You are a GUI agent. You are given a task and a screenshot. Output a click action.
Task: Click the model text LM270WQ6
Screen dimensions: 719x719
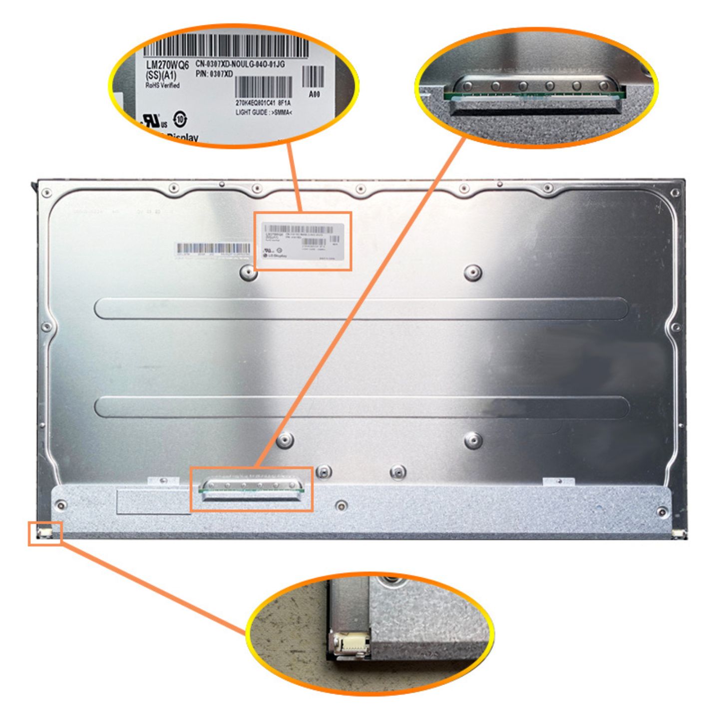(167, 65)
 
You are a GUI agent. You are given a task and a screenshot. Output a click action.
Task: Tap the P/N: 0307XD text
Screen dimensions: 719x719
(214, 74)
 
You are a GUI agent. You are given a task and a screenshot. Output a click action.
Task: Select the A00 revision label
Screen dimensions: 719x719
(314, 94)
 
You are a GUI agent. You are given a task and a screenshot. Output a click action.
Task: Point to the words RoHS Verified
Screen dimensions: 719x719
(162, 85)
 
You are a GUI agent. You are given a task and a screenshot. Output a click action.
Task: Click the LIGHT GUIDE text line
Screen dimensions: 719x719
(264, 112)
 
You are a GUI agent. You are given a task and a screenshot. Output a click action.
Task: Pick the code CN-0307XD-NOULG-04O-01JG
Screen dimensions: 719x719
(240, 64)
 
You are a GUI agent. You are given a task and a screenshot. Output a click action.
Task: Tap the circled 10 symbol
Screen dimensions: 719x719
(180, 119)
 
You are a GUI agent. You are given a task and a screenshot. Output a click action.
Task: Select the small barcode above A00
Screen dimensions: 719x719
(313, 77)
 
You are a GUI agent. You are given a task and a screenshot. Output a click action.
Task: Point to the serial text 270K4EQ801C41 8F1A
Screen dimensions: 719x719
(263, 103)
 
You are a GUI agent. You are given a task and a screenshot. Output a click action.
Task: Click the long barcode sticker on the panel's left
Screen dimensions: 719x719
(213, 249)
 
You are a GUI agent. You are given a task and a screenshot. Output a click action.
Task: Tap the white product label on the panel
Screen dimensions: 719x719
(304, 241)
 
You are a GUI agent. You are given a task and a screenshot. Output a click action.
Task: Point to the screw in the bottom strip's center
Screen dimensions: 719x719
(341, 505)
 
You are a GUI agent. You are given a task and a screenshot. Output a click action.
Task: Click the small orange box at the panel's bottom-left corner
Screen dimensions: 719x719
(45, 533)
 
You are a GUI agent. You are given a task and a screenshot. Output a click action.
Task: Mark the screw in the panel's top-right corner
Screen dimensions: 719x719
(675, 193)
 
